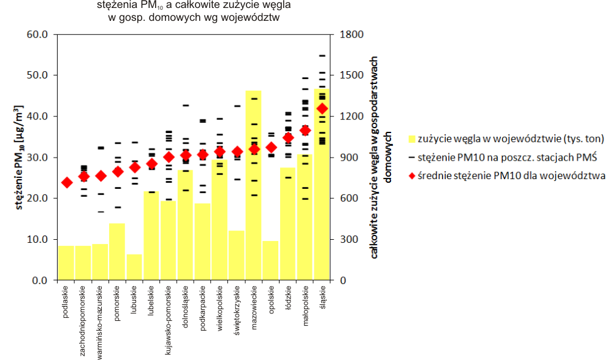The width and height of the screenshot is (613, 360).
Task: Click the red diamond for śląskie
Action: pos(322,109)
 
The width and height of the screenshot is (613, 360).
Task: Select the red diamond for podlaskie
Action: pos(67,183)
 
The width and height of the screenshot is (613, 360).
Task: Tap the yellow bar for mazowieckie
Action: pos(253,185)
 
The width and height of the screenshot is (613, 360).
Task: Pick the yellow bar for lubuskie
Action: pos(134,267)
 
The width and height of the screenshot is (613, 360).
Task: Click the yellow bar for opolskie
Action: pos(270,261)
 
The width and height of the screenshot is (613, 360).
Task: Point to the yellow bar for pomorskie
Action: pos(117,252)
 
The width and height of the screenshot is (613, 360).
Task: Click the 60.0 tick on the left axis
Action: pos(37,34)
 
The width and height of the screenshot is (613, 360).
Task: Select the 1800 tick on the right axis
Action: pos(351,34)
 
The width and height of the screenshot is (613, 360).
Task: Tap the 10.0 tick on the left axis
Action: pos(37,239)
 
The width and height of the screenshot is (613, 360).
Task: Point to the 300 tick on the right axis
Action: pos(349,239)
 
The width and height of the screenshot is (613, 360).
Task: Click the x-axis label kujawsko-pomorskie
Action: pos(168,320)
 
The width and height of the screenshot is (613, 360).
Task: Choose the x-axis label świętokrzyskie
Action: pos(237,310)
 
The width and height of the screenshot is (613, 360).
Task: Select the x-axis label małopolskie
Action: pos(305,305)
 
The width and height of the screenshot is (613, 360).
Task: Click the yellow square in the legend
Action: pos(412,139)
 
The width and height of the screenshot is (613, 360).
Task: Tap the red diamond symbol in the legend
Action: pos(412,176)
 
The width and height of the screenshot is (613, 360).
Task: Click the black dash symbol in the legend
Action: pos(412,157)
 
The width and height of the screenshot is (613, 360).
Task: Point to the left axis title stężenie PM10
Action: pos(19,157)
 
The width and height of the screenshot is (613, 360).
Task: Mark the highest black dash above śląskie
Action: pos(322,56)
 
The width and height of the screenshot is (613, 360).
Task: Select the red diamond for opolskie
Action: pos(271,148)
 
